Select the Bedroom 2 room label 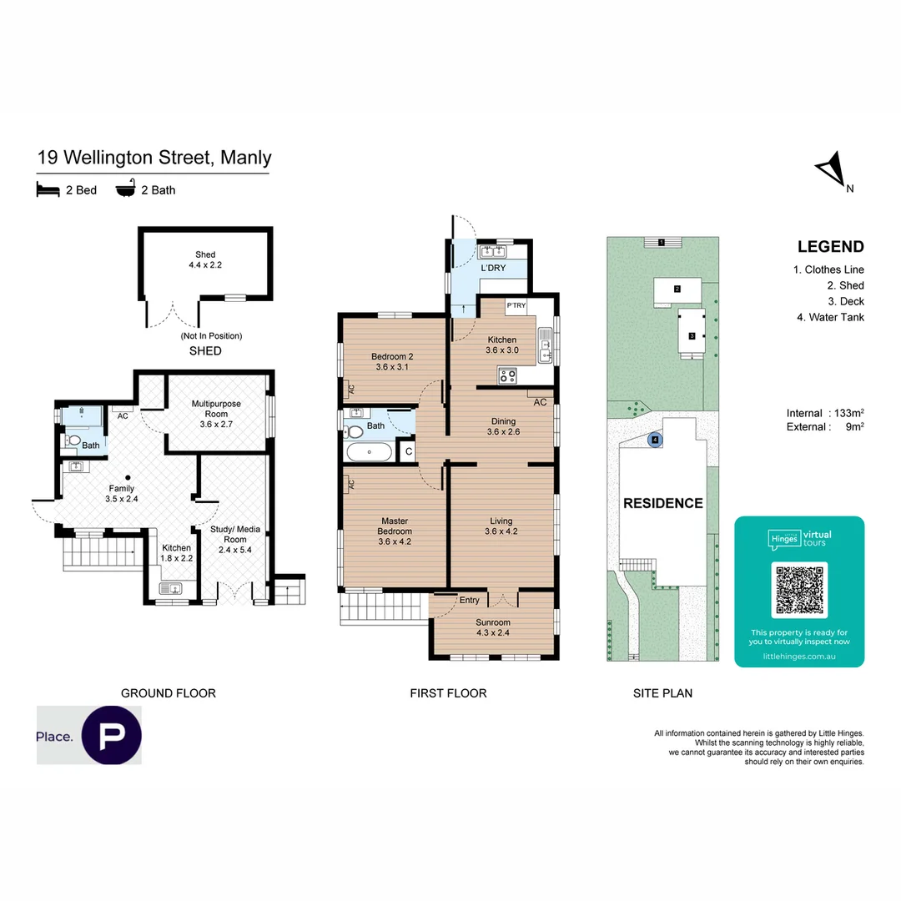(x=392, y=362)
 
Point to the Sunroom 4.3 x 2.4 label (x=493, y=627)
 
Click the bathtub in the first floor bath (x=369, y=452)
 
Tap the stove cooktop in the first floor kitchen (x=506, y=375)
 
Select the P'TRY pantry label (x=516, y=305)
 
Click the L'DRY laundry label (x=492, y=268)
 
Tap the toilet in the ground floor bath (x=73, y=440)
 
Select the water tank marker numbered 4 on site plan (x=656, y=439)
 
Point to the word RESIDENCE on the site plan (x=664, y=503)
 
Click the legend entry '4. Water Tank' (x=828, y=317)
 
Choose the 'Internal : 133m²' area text (x=824, y=413)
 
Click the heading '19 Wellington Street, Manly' (x=154, y=157)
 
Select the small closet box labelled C (x=408, y=452)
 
